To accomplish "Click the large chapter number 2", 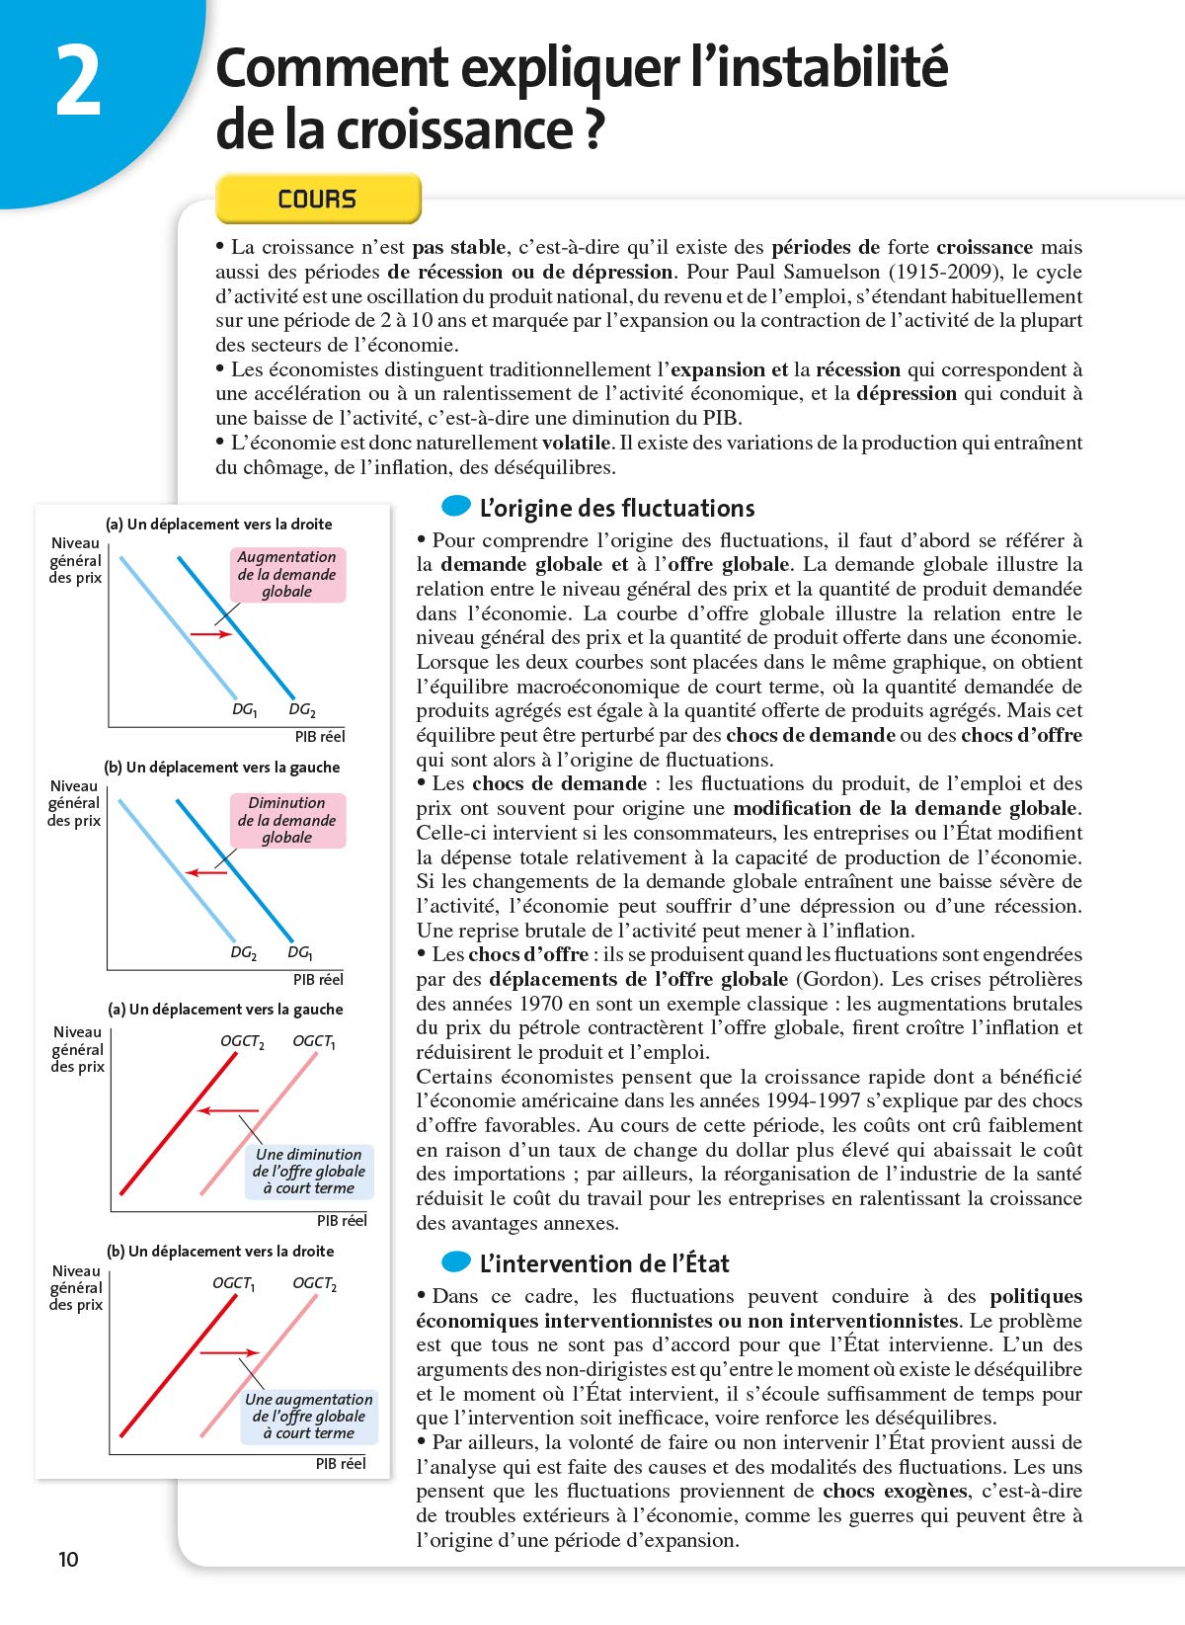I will point(78,83).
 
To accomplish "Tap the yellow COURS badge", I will point(317,199).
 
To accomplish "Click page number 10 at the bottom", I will point(68,1559).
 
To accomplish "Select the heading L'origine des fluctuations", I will point(616,508).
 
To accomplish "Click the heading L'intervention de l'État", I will point(603,1263).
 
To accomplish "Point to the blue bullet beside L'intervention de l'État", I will point(456,1261).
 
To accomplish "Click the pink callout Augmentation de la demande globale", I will point(287,575).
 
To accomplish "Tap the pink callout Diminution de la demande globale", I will point(287,820).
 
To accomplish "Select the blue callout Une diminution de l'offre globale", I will point(309,1171).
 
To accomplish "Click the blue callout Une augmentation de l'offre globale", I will point(309,1416).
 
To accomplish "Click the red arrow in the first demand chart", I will point(210,633).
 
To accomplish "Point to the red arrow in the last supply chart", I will point(229,1352).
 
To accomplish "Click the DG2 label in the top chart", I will point(302,709).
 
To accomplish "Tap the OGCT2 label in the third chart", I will point(242,1041).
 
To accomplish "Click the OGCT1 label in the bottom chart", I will point(234,1283).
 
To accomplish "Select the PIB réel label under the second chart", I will point(318,979).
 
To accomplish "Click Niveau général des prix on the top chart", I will point(76,560).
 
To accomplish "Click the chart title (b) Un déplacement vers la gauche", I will point(222,767).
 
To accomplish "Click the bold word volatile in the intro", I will point(577,443).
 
